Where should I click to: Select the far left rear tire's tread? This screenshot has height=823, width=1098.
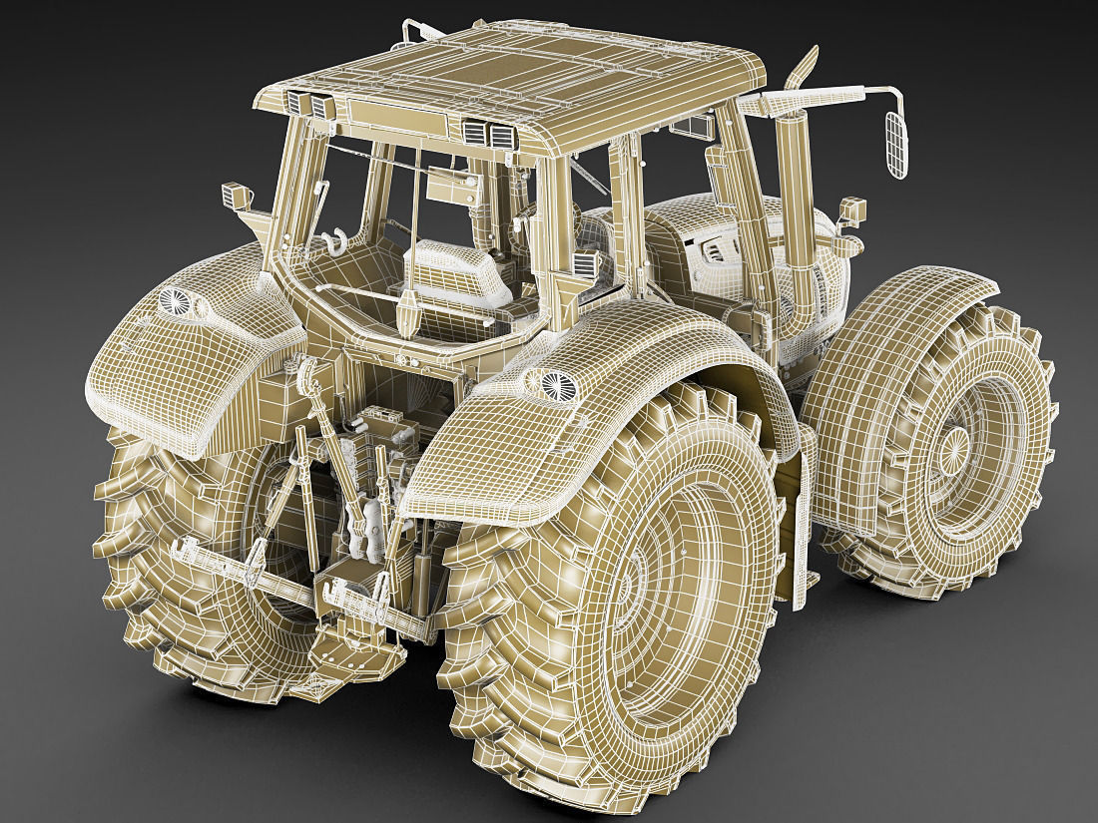(x=130, y=539)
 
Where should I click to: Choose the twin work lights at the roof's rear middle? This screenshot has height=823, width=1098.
(x=487, y=132)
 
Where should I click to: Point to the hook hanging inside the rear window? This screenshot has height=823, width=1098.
(x=332, y=241)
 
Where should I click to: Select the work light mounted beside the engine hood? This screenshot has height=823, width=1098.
(x=851, y=210)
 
